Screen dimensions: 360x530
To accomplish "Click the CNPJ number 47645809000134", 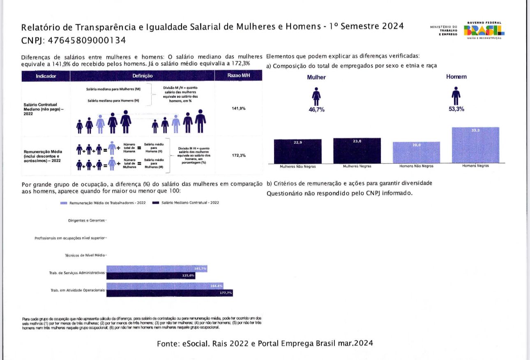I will click(x=87, y=41).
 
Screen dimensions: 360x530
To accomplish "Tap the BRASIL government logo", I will click(x=484, y=30).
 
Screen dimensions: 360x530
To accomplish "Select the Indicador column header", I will click(x=46, y=76).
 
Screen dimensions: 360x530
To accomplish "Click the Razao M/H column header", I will click(x=238, y=76).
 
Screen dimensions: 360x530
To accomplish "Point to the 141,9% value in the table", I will click(x=238, y=109).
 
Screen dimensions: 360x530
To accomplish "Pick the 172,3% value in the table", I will click(x=238, y=156).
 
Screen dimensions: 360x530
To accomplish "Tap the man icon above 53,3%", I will click(x=456, y=96).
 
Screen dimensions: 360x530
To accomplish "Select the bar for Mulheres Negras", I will click(x=357, y=151).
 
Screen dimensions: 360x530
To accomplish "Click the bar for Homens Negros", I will click(x=475, y=145).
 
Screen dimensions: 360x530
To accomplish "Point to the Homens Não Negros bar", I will click(x=416, y=153).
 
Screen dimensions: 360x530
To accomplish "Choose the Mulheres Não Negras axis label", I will click(x=297, y=166).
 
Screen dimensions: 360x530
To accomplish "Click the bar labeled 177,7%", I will click(x=169, y=293).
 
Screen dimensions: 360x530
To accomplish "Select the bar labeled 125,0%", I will click(x=151, y=275).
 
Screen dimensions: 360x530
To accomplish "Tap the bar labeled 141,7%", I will click(x=157, y=268).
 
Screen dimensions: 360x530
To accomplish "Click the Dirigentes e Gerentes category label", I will click(x=86, y=221).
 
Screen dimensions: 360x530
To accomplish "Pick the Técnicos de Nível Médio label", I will click(x=85, y=255).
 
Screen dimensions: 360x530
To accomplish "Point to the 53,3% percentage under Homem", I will click(x=456, y=109).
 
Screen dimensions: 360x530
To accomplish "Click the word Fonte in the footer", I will click(x=168, y=344).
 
